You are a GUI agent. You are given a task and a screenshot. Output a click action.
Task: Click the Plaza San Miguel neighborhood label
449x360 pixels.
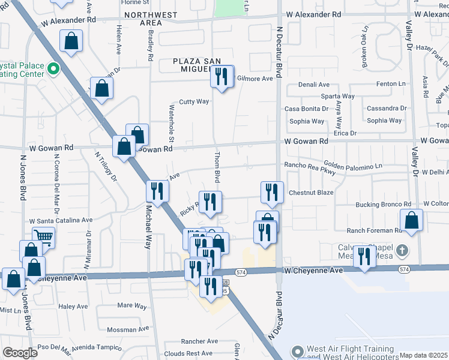(195, 65)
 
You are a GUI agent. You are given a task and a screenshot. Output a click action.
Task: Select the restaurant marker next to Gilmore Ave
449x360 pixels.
(223, 76)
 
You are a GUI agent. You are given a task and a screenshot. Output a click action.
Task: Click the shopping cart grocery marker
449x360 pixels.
(43, 236)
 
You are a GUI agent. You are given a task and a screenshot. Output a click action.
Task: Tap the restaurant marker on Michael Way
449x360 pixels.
(157, 191)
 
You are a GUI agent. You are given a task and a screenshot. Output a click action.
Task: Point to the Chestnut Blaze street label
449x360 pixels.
(311, 193)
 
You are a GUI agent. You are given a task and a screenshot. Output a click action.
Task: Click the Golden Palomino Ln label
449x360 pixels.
(352, 165)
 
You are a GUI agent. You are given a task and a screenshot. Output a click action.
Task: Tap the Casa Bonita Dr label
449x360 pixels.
(306, 109)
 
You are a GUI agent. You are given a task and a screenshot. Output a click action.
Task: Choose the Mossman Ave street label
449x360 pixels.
(127, 329)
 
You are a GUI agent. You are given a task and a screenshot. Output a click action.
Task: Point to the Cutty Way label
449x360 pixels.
(194, 101)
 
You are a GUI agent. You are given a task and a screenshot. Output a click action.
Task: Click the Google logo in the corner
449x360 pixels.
(20, 353)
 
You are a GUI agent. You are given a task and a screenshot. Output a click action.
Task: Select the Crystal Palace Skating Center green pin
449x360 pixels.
(52, 69)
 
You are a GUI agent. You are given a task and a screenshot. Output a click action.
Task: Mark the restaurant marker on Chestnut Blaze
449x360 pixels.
(272, 192)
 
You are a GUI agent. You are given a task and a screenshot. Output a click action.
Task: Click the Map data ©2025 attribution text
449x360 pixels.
(423, 355)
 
